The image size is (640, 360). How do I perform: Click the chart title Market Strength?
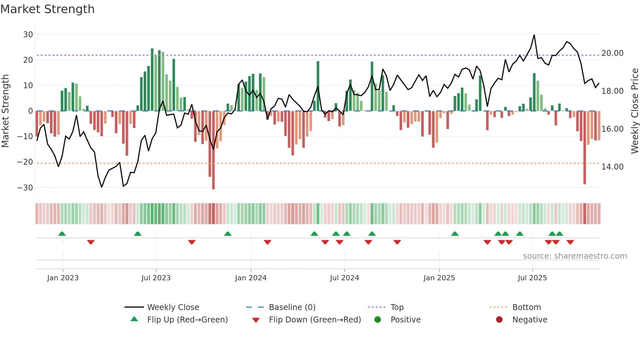47,9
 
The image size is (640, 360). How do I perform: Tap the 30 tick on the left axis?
28,34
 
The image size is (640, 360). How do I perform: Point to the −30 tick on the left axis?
25,188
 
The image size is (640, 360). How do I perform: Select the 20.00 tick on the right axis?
612,53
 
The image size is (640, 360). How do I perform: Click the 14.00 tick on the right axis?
612,167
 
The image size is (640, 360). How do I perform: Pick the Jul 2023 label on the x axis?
156,278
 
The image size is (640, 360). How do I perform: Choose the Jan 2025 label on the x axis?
439,278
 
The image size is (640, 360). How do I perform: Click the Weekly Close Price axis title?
634,111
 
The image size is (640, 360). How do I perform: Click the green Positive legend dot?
377,319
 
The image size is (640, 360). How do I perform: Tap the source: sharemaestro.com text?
575,256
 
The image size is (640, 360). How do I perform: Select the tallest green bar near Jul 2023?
152,80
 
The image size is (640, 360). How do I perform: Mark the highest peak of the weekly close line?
534,35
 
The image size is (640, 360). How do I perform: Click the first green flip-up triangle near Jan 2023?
62,234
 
